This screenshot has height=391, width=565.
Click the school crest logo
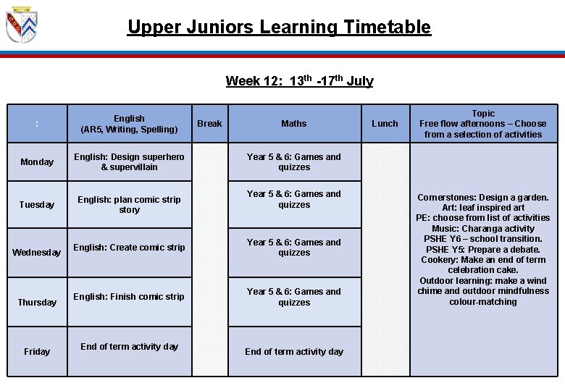point(21,26)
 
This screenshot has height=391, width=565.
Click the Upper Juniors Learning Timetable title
point(279,28)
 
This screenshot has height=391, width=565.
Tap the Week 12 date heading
point(299,80)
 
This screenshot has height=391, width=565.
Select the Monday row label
point(37,162)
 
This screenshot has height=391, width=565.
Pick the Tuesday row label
point(37,205)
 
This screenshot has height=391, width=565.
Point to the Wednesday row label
point(37,253)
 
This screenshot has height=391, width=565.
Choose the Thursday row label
point(37,302)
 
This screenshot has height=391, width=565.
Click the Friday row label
point(37,351)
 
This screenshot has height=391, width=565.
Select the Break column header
point(209,124)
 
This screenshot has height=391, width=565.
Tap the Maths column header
point(293,124)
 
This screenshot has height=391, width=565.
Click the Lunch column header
point(385,124)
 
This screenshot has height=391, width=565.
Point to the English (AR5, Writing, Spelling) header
point(129,124)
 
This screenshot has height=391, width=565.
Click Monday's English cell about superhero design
point(129,162)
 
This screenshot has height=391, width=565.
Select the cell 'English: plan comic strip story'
point(129,205)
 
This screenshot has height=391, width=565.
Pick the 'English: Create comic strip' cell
point(129,248)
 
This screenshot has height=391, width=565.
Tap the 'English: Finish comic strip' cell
point(129,297)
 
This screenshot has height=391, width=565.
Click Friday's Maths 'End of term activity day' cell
point(293,352)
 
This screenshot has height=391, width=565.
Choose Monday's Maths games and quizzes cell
point(293,162)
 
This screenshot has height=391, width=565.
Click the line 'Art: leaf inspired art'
point(483,208)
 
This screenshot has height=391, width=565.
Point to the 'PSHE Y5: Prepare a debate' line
point(483,249)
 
